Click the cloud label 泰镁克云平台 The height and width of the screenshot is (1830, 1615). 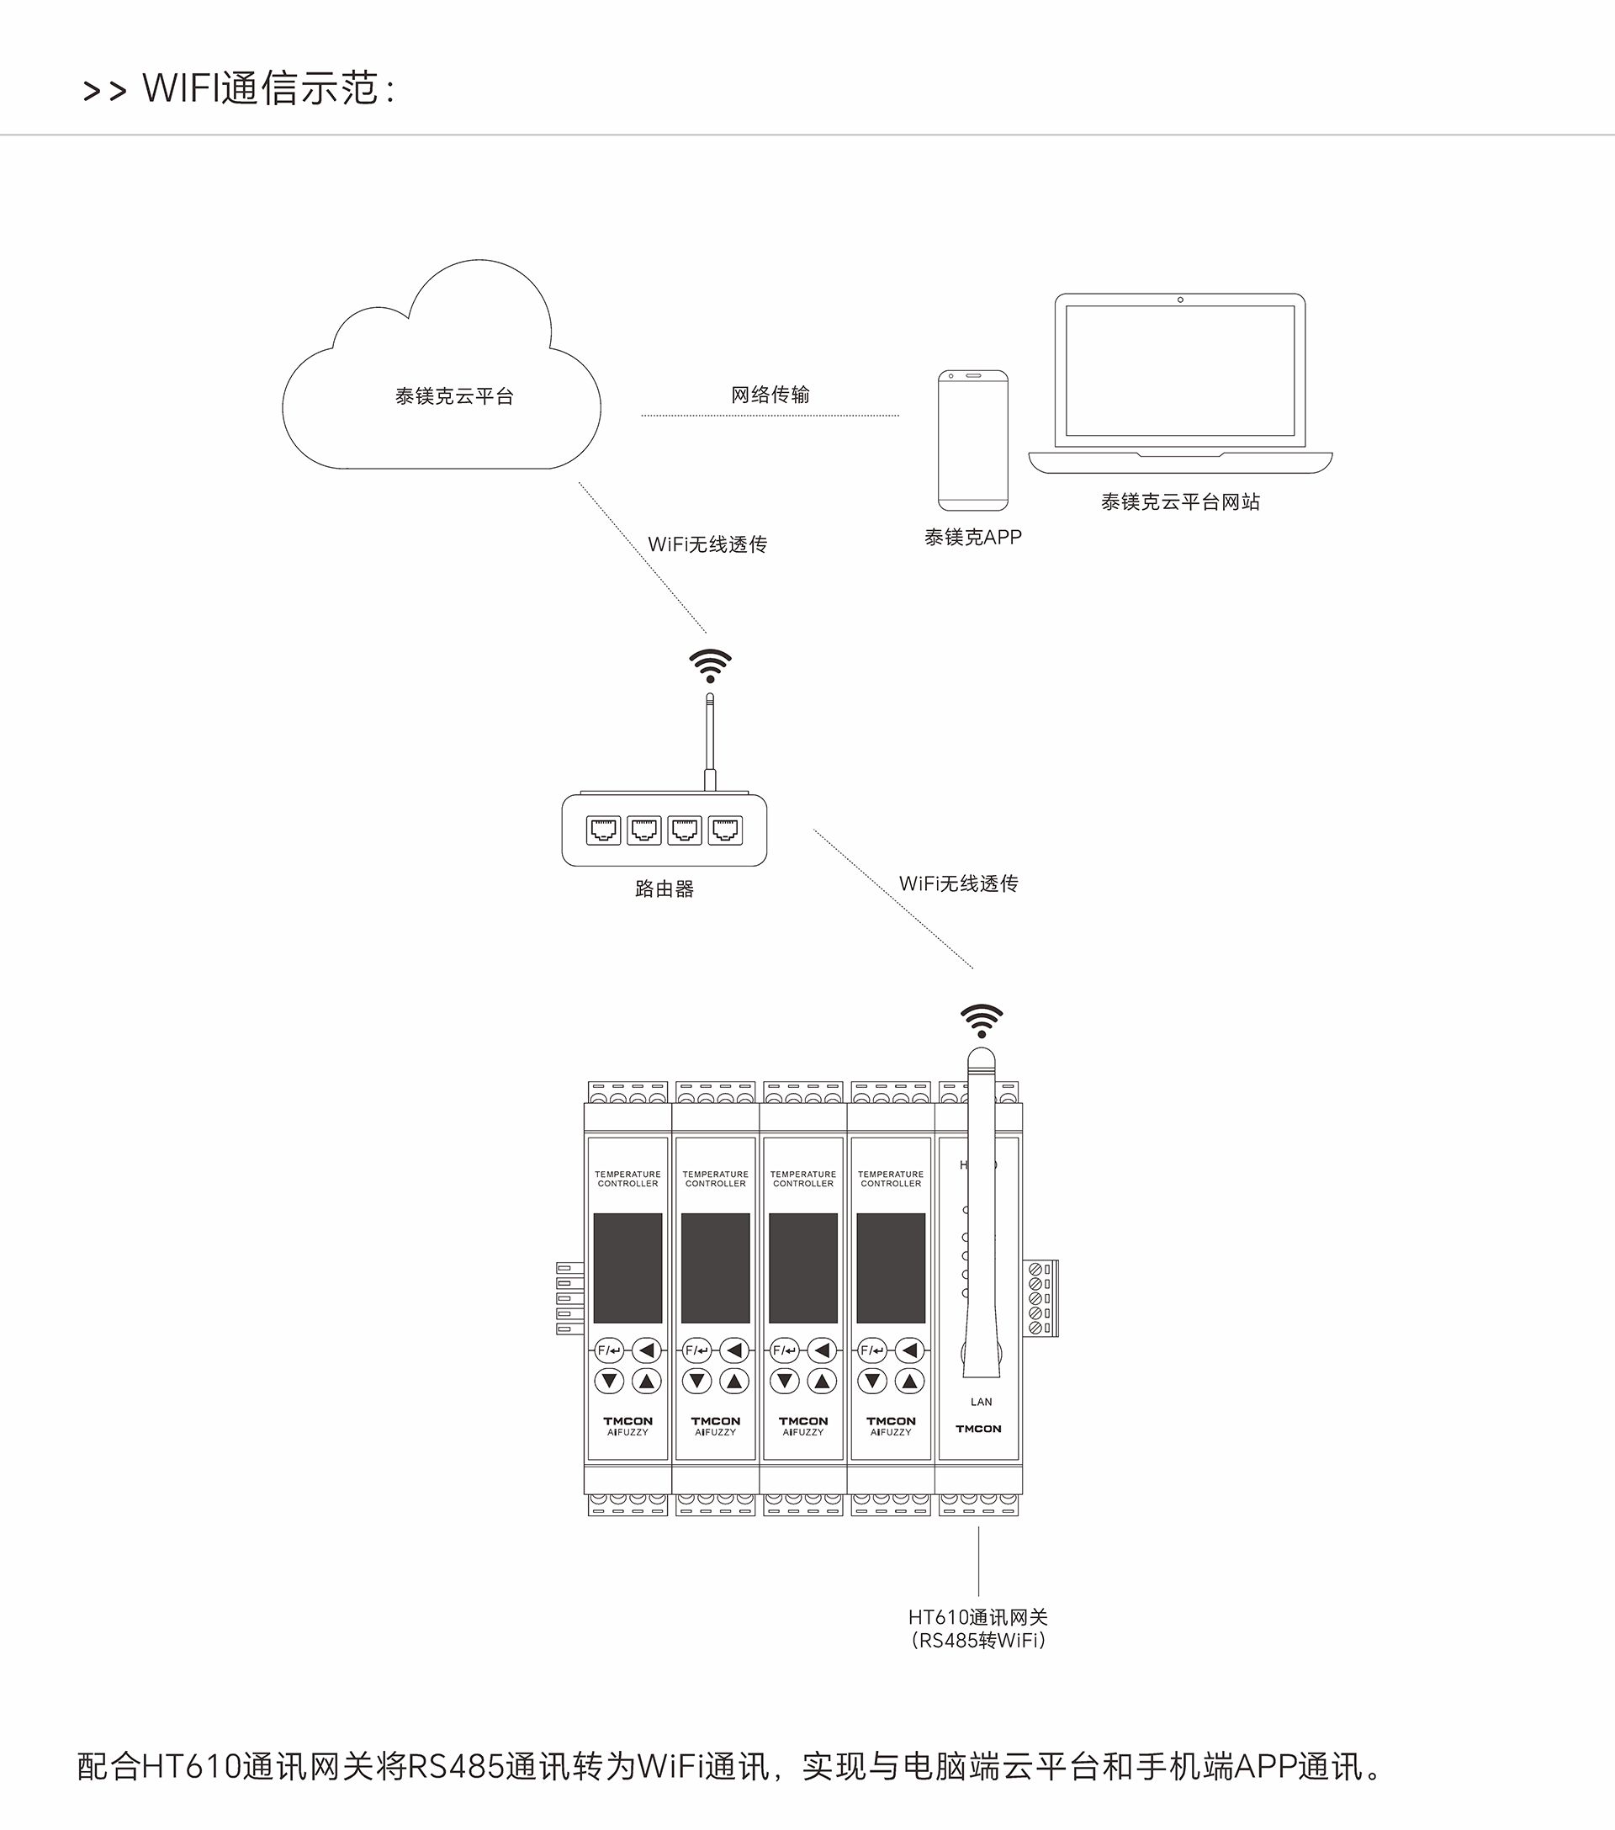pos(454,396)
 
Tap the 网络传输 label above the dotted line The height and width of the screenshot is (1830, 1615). pos(770,395)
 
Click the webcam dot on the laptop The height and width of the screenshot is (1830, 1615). pos(1180,300)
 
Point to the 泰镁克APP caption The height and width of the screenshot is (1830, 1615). pos(973,537)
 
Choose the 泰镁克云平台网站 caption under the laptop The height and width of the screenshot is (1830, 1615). pos(1180,502)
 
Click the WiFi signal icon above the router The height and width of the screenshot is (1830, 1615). pos(710,666)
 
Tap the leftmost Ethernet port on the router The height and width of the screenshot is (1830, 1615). pos(603,830)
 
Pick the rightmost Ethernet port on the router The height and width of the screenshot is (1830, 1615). pos(725,830)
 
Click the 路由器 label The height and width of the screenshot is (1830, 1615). pos(665,889)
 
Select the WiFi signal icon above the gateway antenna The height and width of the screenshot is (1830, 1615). pos(981,1021)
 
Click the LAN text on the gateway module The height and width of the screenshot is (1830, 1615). pos(981,1402)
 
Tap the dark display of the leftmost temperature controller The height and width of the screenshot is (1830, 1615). pos(627,1268)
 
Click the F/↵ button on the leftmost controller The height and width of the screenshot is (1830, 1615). pos(609,1350)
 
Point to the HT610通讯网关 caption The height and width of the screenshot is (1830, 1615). pos(977,1617)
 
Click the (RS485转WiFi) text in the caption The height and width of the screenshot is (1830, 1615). pos(977,1640)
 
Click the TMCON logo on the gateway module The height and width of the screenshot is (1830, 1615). pos(978,1429)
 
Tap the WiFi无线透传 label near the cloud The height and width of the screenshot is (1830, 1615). pos(707,544)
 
